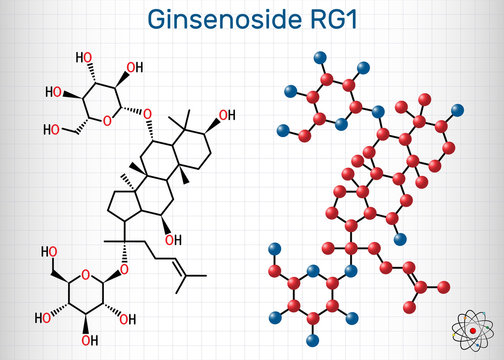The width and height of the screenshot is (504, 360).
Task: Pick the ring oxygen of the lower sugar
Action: pyautogui.click(x=87, y=272)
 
